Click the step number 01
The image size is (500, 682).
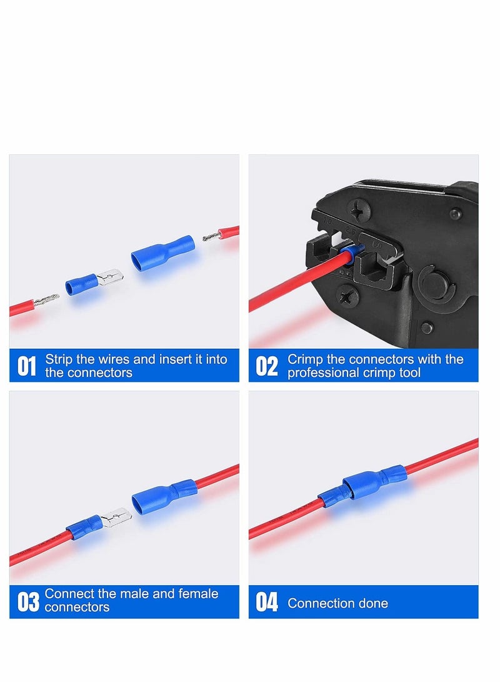click(x=26, y=366)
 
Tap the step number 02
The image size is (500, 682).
click(x=267, y=366)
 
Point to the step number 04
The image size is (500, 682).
click(x=267, y=603)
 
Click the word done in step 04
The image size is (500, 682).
click(x=374, y=603)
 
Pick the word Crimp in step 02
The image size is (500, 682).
click(x=304, y=359)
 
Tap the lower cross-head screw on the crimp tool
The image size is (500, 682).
click(x=346, y=293)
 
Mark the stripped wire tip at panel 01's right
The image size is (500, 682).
click(x=212, y=236)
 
